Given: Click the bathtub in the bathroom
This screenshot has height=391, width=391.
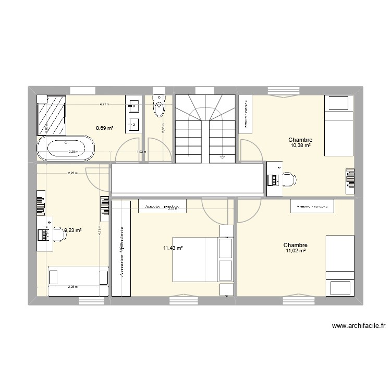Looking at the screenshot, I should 66,148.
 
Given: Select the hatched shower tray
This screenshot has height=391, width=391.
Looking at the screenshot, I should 52,114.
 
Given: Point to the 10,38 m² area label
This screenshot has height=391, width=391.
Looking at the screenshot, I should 300,145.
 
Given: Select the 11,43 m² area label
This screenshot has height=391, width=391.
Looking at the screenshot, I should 173,248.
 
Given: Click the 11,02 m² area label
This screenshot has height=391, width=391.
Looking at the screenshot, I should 295,251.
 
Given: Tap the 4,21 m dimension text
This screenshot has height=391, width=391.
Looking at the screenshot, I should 105,104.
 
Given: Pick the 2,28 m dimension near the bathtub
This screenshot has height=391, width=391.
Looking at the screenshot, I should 73,152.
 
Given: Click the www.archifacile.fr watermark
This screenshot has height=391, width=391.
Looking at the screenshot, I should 358,326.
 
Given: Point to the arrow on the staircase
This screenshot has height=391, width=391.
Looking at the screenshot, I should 222,155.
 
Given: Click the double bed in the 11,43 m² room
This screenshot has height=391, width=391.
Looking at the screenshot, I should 195,259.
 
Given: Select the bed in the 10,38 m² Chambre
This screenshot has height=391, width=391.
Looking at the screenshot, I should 339,125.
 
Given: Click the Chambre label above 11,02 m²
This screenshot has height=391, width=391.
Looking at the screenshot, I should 295,245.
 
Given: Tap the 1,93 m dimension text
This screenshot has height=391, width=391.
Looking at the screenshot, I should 141,152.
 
